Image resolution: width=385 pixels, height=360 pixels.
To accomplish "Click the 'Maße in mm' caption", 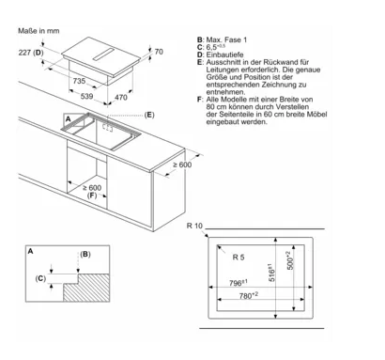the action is pyautogui.click(x=38, y=31).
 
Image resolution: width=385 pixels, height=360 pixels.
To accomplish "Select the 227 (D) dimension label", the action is pyautogui.click(x=31, y=53).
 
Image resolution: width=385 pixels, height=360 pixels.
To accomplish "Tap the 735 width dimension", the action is pyautogui.click(x=79, y=81).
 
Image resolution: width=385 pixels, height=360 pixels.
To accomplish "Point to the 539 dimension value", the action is pyautogui.click(x=86, y=96).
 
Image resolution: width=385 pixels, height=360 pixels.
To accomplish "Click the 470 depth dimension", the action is pyautogui.click(x=121, y=98).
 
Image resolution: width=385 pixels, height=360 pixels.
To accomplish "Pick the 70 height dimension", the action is pyautogui.click(x=159, y=52).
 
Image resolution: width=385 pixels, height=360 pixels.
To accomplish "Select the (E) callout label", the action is pyautogui.click(x=149, y=116).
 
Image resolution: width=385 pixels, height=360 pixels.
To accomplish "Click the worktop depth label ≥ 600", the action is pyautogui.click(x=182, y=164).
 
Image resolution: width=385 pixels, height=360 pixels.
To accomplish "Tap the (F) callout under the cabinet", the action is pyautogui.click(x=92, y=196).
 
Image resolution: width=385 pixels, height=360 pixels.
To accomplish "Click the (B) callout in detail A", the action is pyautogui.click(x=85, y=254).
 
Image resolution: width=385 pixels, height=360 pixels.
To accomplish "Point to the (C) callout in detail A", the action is pyautogui.click(x=40, y=278).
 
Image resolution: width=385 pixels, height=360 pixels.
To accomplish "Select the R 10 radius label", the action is pyautogui.click(x=194, y=226).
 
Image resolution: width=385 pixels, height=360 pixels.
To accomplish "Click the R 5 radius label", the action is pyautogui.click(x=239, y=258).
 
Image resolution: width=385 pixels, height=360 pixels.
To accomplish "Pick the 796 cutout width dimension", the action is pyautogui.click(x=239, y=283).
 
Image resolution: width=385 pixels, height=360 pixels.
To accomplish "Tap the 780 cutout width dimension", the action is pyautogui.click(x=249, y=295).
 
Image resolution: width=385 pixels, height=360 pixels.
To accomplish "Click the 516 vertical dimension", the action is pyautogui.click(x=271, y=273).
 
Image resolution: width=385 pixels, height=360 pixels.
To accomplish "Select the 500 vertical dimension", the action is pyautogui.click(x=290, y=260).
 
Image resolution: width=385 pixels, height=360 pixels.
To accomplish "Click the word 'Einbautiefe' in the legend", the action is pyautogui.click(x=224, y=55).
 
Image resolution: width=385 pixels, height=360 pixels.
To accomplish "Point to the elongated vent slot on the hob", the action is pyautogui.click(x=104, y=55).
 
